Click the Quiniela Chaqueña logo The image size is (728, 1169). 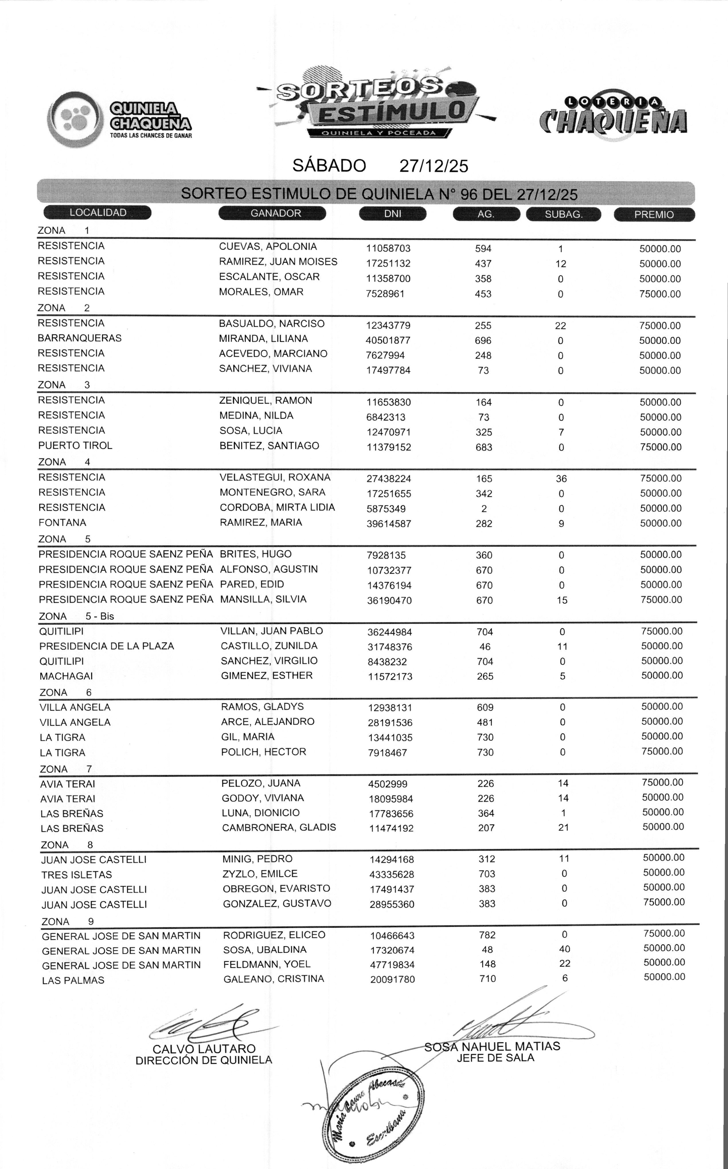coord(120,119)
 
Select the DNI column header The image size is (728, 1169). coord(393,213)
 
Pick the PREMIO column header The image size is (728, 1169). coord(654,214)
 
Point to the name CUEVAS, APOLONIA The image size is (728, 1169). coord(268,247)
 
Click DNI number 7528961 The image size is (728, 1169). coord(385,294)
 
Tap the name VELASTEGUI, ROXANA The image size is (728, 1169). coord(275,477)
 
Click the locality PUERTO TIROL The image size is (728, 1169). coord(75,446)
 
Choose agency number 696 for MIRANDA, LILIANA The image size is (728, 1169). coord(483,341)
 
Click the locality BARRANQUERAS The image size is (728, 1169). coord(79,338)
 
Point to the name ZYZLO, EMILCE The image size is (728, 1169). coord(260,874)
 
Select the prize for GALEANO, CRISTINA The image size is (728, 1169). coord(664,977)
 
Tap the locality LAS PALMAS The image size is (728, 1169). coord(73,980)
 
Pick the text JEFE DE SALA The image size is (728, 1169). coord(495,1058)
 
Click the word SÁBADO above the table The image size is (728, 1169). coord(329,166)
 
